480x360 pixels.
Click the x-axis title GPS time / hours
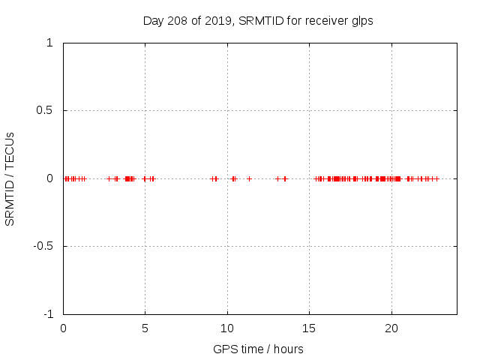point(258,349)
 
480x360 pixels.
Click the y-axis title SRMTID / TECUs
point(10,178)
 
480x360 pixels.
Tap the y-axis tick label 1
point(49,43)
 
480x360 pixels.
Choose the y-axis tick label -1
point(47,314)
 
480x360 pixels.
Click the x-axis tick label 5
point(145,328)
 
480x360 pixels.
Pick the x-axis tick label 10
point(227,328)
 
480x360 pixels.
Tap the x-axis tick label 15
point(309,328)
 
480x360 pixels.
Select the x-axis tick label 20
point(391,328)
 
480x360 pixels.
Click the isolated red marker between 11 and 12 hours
point(250,178)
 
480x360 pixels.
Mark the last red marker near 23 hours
point(437,178)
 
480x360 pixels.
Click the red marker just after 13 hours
point(277,178)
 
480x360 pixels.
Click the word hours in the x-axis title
point(288,349)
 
